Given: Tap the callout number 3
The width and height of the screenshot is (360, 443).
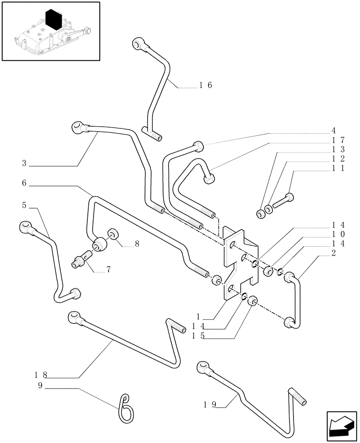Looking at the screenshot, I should click(24, 163).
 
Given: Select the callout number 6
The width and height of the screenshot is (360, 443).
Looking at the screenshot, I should click(24, 183).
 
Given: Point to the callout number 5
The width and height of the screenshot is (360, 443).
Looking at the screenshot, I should click(24, 205).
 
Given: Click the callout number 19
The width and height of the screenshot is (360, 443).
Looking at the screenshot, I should click(210, 404).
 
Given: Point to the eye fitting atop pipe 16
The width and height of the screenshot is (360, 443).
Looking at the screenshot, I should click(137, 44).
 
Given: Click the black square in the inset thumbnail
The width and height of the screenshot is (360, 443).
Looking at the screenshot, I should click(55, 21).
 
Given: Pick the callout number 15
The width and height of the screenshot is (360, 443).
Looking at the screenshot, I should click(198, 336).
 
